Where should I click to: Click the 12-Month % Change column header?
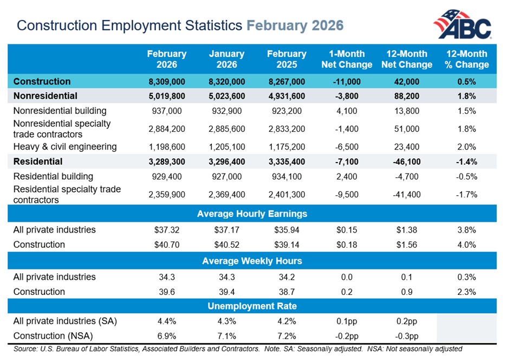466,59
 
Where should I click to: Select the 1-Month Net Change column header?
347,59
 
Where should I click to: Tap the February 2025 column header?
287,59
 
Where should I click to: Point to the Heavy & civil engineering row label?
64,146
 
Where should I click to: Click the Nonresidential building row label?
61,111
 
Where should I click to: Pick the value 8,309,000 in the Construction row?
166,82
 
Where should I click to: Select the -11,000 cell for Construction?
347,82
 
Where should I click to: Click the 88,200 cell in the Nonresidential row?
407,97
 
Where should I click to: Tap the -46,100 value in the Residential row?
407,162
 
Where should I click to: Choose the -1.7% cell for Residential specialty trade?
466,195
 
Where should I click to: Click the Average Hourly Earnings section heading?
252,214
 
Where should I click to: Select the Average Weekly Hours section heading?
252,261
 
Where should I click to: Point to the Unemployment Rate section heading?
252,306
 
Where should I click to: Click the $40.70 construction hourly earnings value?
166,245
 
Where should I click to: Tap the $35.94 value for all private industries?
287,230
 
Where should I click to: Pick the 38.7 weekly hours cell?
287,292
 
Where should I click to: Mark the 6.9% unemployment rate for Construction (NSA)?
166,336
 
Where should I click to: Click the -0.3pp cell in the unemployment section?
407,336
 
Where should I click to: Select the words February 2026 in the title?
295,25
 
